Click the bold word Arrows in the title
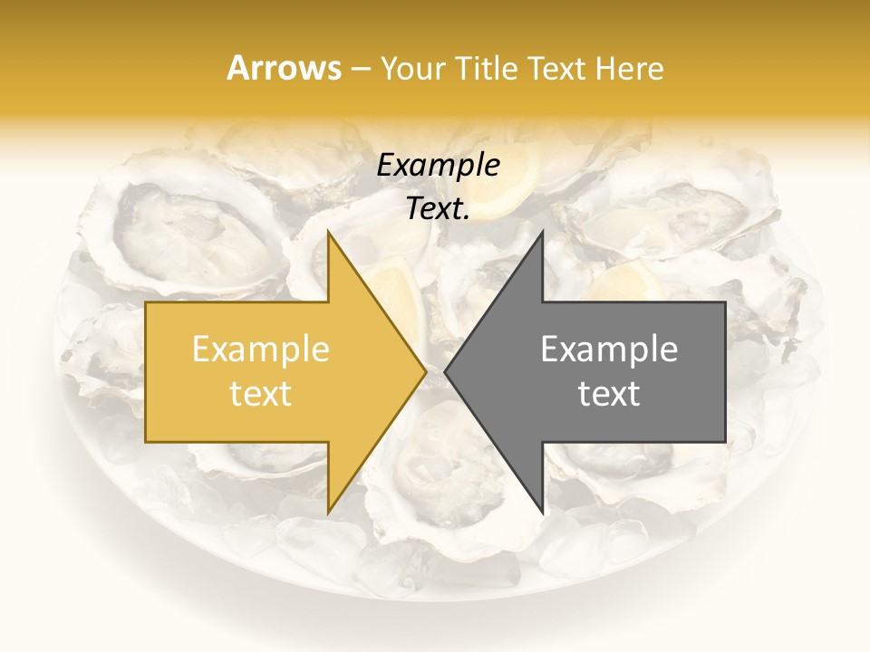click(x=285, y=68)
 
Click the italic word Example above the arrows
click(x=438, y=166)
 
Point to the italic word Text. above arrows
click(x=438, y=209)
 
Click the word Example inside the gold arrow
click(x=261, y=350)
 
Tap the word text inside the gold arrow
click(x=261, y=393)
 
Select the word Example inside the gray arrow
click(x=609, y=350)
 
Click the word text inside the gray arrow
click(x=609, y=393)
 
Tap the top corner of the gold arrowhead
click(x=329, y=233)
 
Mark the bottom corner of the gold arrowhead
click(x=329, y=512)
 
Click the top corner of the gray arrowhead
click(x=542, y=233)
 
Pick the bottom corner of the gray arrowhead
click(x=542, y=512)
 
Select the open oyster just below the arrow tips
click(x=435, y=462)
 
